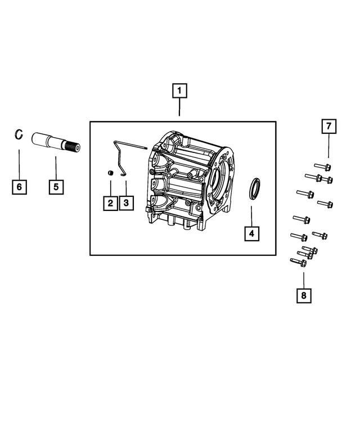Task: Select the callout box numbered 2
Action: click(x=110, y=202)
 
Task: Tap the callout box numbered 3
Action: click(x=126, y=202)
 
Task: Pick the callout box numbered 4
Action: click(x=251, y=233)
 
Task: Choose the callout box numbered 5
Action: click(x=56, y=187)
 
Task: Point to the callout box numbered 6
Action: click(x=19, y=187)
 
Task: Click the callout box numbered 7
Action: click(x=328, y=127)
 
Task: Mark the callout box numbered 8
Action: click(x=304, y=295)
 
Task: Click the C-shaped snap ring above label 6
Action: click(x=19, y=134)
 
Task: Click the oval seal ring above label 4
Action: click(x=255, y=187)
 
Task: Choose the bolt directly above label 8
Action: click(x=298, y=262)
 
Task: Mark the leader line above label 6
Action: click(x=19, y=163)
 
